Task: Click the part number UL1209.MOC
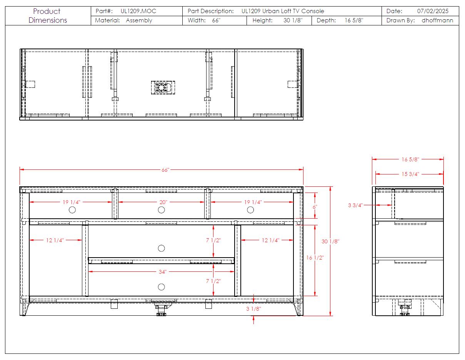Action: tap(138, 11)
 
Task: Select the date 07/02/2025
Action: tap(432, 11)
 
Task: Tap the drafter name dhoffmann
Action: tap(437, 20)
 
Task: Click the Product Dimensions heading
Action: tap(48, 16)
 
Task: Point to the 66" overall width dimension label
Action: tap(165, 170)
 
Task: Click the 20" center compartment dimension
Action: tap(163, 202)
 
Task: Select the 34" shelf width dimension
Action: tap(162, 272)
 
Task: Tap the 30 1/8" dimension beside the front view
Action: tap(330, 241)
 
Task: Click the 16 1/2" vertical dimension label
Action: tap(315, 258)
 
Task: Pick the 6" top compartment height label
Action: tap(315, 207)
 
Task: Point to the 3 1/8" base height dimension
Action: tap(253, 309)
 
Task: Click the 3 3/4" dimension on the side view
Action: tap(355, 205)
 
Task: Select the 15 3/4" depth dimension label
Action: tap(410, 174)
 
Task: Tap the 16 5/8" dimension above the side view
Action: tap(410, 159)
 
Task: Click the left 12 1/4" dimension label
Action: tap(55, 240)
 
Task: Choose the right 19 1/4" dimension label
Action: tap(253, 202)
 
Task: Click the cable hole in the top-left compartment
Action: tap(72, 210)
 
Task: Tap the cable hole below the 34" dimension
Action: tap(161, 287)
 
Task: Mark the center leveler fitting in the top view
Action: tap(163, 87)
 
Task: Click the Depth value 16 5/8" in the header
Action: tap(354, 20)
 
